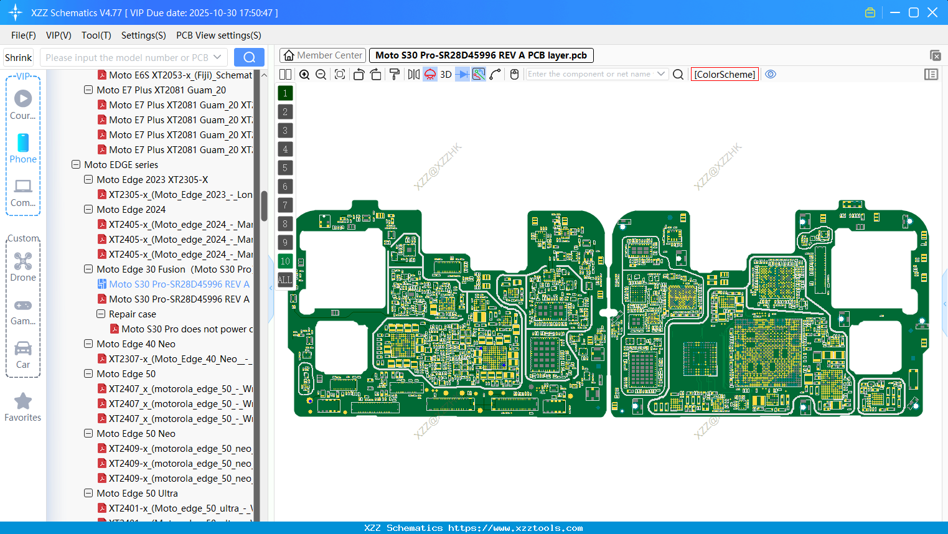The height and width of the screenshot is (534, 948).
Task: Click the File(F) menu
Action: pos(23,35)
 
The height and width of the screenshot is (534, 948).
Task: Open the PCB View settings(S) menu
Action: pos(218,35)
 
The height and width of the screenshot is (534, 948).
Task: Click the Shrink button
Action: pos(18,58)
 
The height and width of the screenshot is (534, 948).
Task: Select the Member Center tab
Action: pos(322,55)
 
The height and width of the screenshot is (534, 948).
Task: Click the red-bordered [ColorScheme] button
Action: pos(725,75)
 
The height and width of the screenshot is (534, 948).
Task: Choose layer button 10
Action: pos(285,261)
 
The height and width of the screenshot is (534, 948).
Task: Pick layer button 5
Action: pos(285,168)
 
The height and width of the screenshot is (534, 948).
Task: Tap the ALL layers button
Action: pos(285,280)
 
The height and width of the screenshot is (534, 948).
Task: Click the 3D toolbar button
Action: pos(446,75)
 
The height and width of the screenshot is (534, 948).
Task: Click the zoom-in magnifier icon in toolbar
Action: pos(304,75)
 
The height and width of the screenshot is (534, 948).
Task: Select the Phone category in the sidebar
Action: pos(23,148)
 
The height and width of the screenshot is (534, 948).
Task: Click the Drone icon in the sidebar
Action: pos(23,266)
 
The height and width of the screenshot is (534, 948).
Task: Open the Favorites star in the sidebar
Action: pos(23,407)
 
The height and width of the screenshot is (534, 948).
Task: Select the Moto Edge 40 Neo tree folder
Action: pos(136,344)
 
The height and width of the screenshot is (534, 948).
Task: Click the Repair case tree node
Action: pos(132,314)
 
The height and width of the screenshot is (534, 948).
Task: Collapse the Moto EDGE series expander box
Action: pos(76,165)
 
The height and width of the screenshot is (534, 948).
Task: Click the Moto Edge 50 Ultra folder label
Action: pos(137,494)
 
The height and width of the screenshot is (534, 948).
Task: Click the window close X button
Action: pos(932,12)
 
